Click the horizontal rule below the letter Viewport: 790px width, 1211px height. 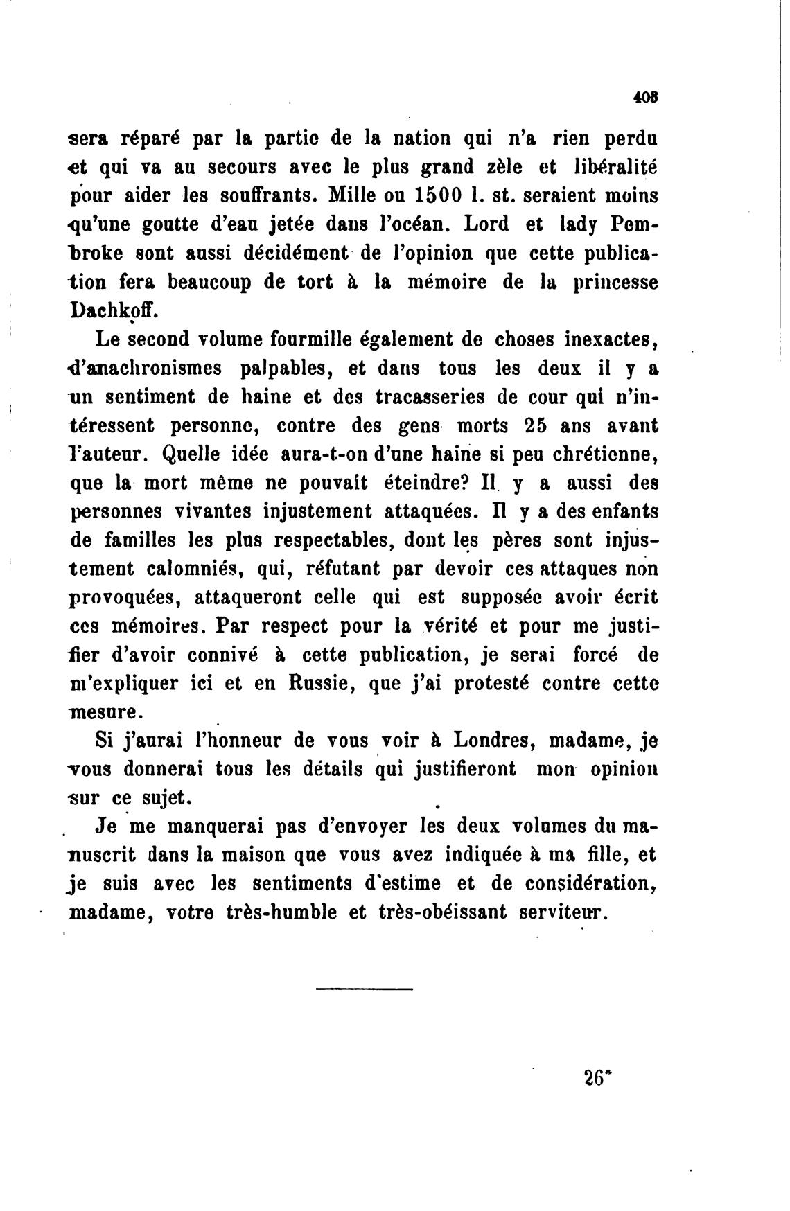[x=364, y=989]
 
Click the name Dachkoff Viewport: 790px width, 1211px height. [x=115, y=310]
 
